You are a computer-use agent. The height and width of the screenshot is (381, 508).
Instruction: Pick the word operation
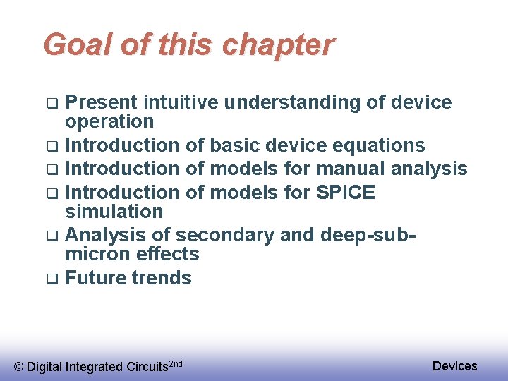coord(109,121)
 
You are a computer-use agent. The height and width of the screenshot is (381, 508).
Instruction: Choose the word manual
coord(351,169)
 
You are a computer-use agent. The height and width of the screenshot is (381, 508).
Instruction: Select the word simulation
coord(114,211)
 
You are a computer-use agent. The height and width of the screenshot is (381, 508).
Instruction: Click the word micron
coord(97,254)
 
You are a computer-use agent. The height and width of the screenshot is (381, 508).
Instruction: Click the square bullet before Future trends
coord(52,279)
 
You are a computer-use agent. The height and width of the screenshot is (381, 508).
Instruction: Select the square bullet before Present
coord(52,103)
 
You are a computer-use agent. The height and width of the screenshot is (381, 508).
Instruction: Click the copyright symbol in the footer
coord(19,367)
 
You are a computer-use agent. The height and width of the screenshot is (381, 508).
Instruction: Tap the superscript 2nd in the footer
coord(176,363)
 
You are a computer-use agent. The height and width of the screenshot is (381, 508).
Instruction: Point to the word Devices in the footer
coord(454,365)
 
